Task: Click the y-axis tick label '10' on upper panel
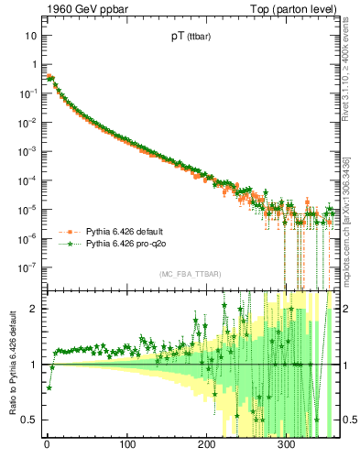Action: point(30,35)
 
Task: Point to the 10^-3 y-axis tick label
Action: point(28,151)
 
